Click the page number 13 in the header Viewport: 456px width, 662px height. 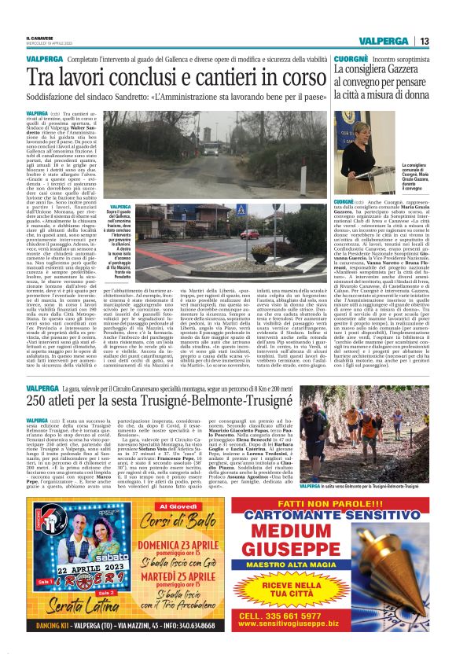point(425,41)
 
